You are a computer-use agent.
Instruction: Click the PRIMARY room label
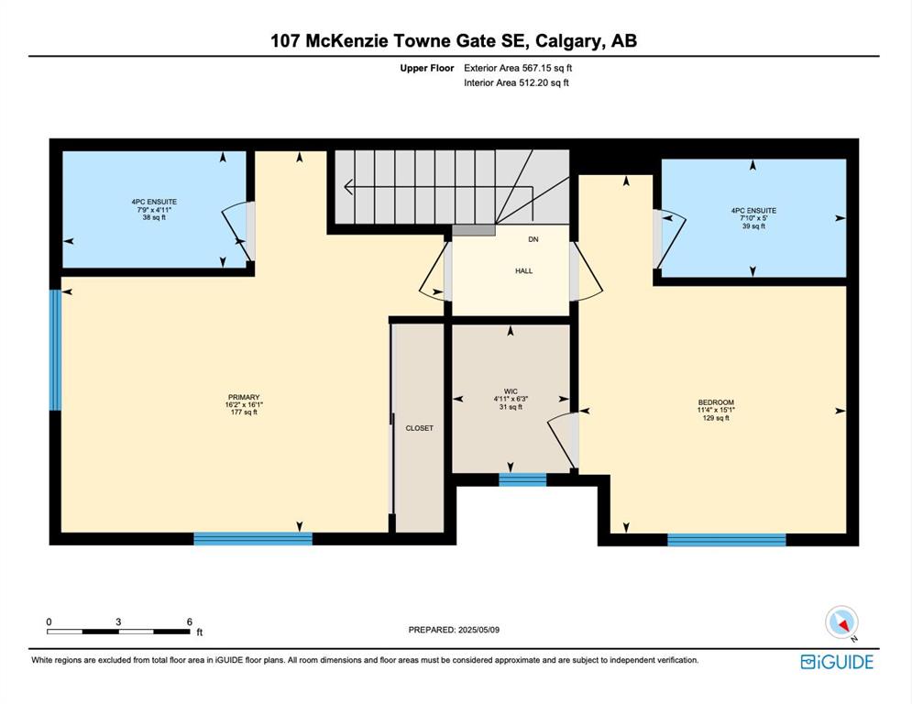tap(244, 398)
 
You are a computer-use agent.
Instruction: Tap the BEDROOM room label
tap(716, 402)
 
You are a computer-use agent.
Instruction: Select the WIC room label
tap(511, 391)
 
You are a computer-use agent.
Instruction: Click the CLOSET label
tap(420, 428)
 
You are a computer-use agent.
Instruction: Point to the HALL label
tap(524, 271)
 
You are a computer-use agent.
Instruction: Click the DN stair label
tap(533, 239)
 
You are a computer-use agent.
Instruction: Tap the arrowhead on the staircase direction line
tap(348, 187)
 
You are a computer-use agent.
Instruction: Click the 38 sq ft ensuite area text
tap(154, 217)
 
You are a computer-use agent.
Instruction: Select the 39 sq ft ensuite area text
tap(753, 226)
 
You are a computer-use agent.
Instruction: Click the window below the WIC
tap(522, 480)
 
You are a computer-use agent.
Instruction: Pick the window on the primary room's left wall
tap(55, 350)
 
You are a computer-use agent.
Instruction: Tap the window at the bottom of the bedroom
tap(727, 540)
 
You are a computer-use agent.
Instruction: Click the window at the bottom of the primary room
tap(253, 539)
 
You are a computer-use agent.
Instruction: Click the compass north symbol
tap(842, 622)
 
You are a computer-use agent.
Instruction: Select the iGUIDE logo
tap(837, 662)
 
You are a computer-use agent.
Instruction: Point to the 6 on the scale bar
tap(190, 622)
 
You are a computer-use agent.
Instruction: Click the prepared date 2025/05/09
tap(478, 630)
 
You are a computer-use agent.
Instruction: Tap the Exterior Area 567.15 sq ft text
tap(518, 68)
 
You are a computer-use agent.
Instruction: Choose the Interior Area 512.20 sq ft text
tap(516, 82)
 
